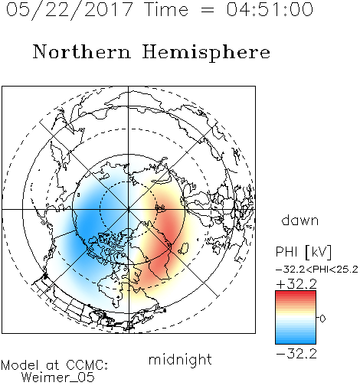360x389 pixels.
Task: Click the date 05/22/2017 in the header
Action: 70,10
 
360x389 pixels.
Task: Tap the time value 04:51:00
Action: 270,9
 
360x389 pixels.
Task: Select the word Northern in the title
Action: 82,51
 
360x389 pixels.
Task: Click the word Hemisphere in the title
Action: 206,53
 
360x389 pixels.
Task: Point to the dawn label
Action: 300,220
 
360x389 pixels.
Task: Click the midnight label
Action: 180,361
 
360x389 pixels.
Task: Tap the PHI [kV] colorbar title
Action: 303,252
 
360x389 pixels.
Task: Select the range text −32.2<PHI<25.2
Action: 317,270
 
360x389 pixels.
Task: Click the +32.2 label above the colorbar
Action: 296,284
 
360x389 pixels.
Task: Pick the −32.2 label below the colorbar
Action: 296,354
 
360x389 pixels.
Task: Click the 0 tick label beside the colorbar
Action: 322,319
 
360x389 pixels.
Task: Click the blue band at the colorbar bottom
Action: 296,340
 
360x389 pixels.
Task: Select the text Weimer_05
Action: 58,377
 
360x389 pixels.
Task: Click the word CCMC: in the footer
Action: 87,365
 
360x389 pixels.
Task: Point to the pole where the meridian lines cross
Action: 128,209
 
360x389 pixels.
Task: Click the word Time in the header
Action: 166,9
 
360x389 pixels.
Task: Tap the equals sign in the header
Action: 208,10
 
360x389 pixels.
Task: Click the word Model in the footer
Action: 20,365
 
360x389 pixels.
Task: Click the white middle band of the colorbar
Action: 296,318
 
